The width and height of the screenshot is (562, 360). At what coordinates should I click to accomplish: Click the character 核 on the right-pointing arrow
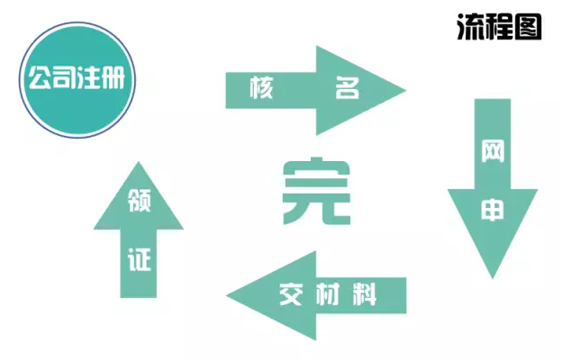261,87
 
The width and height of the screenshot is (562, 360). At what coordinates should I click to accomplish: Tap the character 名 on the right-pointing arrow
347,87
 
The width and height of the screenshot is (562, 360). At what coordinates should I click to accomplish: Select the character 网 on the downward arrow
493,151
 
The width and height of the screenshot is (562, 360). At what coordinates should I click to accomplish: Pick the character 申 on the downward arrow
493,210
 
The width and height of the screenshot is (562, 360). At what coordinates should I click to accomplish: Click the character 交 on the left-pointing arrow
291,294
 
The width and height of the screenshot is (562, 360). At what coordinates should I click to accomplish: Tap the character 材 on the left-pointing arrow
329,294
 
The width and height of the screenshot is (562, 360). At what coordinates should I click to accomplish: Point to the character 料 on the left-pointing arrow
365,294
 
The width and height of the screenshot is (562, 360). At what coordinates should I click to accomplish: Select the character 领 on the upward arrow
139,200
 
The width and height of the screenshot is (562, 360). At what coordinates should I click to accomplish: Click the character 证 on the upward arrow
139,259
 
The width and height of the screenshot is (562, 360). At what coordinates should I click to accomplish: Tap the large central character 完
316,191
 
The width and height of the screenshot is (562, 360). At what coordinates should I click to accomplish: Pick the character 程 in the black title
499,26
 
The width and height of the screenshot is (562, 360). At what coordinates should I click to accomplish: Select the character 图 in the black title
528,26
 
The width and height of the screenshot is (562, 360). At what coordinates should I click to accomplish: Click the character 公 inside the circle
41,77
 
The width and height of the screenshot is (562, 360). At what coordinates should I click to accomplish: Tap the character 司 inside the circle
65,77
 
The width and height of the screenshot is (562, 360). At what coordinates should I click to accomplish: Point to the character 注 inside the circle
88,77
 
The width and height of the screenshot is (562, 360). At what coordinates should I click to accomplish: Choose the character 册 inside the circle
113,77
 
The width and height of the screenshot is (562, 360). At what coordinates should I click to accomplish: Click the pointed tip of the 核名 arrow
405,90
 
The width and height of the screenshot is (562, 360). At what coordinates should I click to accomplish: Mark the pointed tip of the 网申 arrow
493,278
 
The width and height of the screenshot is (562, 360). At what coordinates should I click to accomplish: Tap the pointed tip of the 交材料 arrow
227,296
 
